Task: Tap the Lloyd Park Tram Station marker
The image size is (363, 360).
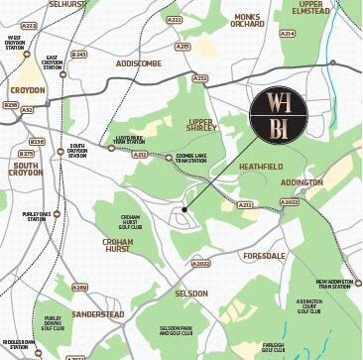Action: [111, 149]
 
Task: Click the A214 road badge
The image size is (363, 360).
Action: [288, 33]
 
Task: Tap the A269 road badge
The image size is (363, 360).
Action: [79, 287]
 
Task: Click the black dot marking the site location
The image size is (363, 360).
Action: [184, 211]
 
